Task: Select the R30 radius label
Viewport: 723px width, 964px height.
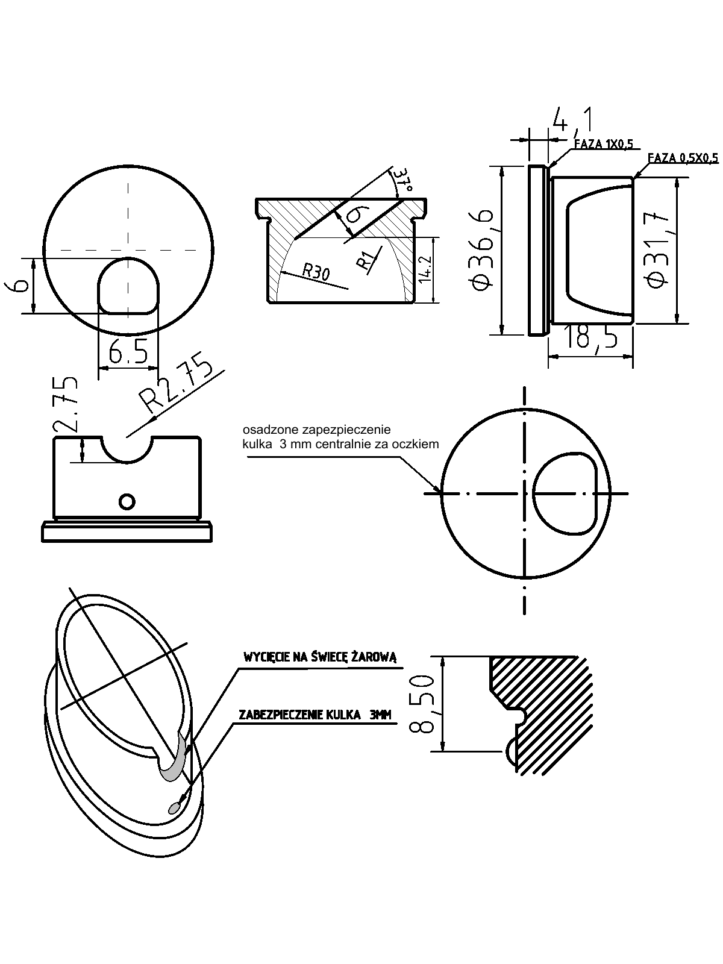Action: (316, 272)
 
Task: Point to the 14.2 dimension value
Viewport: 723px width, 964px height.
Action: (425, 269)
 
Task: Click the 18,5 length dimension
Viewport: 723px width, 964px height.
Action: (592, 337)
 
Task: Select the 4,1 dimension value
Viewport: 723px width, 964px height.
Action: (570, 120)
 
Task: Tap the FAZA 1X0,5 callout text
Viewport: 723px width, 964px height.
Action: (603, 145)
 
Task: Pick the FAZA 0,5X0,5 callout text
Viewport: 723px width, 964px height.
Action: (683, 158)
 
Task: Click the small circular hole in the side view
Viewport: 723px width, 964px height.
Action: (127, 501)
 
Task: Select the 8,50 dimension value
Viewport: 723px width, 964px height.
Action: (422, 704)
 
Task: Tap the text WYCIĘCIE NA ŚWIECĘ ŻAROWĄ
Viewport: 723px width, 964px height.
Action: (320, 657)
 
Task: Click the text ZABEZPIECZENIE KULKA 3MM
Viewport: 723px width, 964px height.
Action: (315, 715)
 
